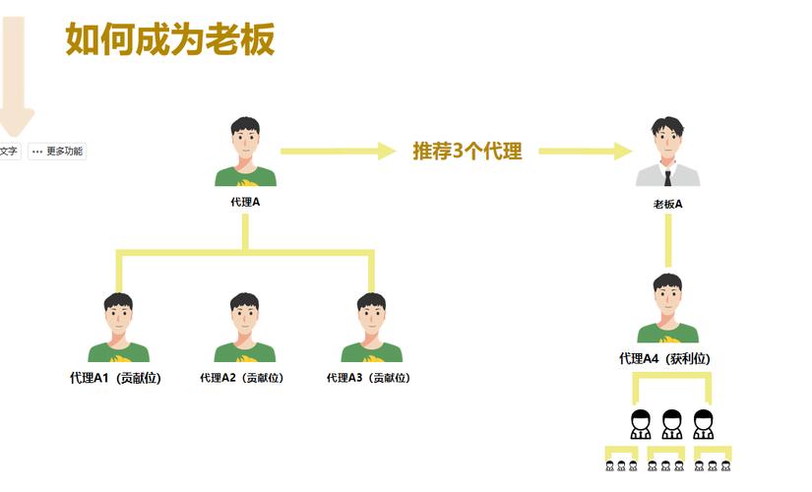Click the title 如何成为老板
[169, 40]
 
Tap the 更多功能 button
[57, 152]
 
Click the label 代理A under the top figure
[245, 202]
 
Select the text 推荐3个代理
[467, 152]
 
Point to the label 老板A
[667, 205]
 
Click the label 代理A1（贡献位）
[115, 378]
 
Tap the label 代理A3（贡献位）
[368, 378]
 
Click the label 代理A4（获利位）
[664, 359]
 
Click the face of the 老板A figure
[666, 141]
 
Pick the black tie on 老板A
[667, 178]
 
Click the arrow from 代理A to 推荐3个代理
[336, 152]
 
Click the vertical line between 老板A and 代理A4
[667, 241]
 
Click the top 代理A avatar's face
[245, 142]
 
